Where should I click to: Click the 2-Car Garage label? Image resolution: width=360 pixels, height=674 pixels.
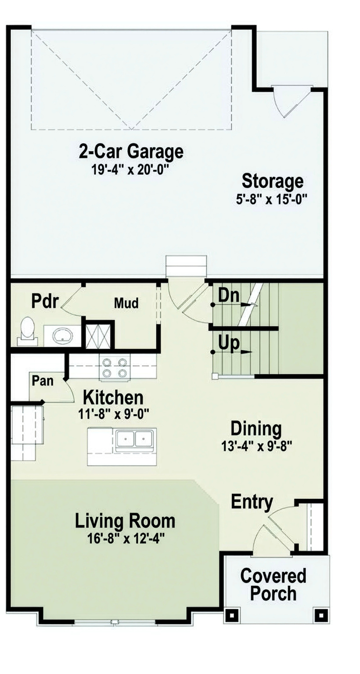(131, 152)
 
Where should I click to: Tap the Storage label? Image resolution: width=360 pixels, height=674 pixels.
(273, 181)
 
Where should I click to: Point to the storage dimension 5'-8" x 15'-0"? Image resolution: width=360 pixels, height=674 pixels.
(270, 199)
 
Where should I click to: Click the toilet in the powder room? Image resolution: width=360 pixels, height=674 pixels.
(28, 329)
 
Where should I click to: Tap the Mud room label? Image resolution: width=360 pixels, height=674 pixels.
(126, 303)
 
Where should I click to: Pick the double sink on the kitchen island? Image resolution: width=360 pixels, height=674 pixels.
(134, 439)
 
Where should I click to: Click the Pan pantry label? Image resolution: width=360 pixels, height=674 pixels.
(43, 380)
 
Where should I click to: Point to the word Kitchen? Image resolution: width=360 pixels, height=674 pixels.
(113, 398)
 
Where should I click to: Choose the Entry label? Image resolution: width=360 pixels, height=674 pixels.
(252, 502)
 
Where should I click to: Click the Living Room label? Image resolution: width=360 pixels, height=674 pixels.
(125, 521)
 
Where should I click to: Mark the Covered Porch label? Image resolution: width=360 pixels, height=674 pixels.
(273, 584)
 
